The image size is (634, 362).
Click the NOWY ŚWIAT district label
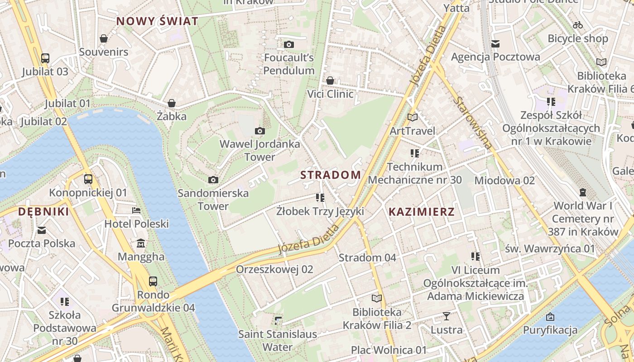coord(157,21)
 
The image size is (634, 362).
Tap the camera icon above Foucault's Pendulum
coord(288,44)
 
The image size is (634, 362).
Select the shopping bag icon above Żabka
coord(171,103)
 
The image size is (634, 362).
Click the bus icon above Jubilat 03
coord(45,58)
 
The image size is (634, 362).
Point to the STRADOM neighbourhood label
coord(331,175)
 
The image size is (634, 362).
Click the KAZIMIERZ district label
coord(421,212)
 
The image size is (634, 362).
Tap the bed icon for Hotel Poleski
coord(136,210)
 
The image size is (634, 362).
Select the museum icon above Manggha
coord(141,243)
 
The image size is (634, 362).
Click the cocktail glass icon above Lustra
coord(447,316)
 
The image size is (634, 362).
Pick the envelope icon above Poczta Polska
coord(42,230)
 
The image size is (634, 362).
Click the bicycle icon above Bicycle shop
coord(577,25)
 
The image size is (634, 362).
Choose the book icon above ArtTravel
coord(412,117)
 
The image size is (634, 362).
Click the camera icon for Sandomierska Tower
coord(213,180)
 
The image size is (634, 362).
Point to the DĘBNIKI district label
coord(43,212)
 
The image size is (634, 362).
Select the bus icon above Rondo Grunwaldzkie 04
coord(153,281)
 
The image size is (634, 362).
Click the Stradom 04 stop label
coord(367,257)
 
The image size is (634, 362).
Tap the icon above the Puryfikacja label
coord(550,316)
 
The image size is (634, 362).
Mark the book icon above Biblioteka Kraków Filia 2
coord(376,298)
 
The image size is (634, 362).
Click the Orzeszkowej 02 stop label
coord(274,269)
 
